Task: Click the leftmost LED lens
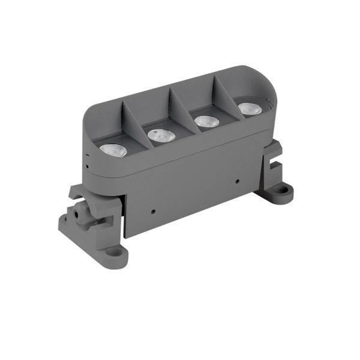[x=113, y=149]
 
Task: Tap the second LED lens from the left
[x=161, y=135]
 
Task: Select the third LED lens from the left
[x=206, y=120]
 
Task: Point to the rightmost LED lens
[x=247, y=108]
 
